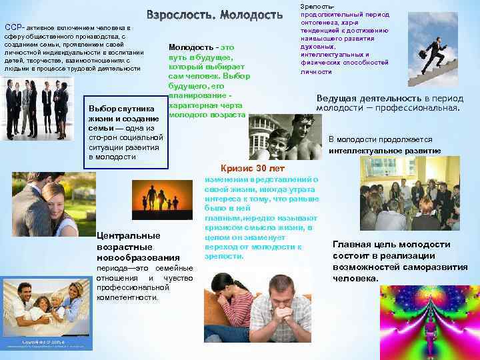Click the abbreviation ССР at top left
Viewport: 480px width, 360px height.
[x=11, y=27]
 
